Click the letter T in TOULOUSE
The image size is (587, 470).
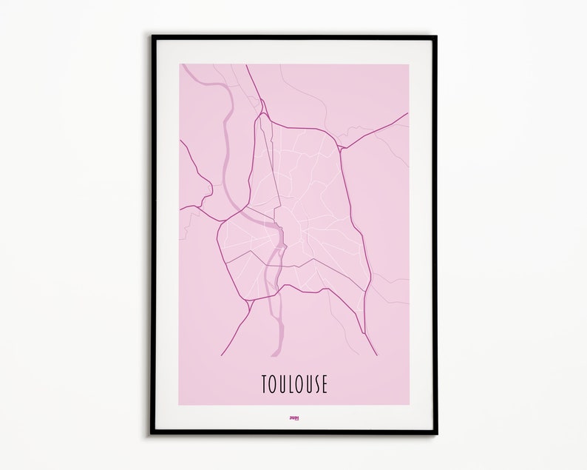(x=264, y=385)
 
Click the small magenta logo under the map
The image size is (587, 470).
(x=293, y=416)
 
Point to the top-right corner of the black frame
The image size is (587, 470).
(x=435, y=36)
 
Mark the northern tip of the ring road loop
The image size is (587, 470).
(x=262, y=114)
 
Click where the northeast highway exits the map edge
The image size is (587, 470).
(x=407, y=114)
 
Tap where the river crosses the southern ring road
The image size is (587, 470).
(x=274, y=292)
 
